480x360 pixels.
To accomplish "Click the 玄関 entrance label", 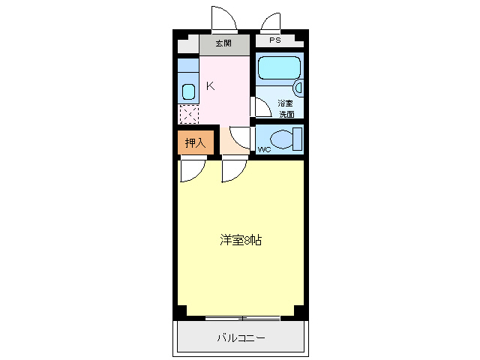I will click(223, 43).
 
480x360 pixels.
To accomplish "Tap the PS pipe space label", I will click(275, 40).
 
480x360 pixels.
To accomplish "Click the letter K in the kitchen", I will click(211, 85).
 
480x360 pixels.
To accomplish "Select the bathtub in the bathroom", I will click(279, 68).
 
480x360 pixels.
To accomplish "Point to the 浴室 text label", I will click(286, 103).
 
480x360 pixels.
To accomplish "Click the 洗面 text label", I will click(286, 114).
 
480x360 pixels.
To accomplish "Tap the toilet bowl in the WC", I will click(281, 139).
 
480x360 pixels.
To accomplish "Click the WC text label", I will click(264, 150).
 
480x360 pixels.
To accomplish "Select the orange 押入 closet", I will click(195, 142).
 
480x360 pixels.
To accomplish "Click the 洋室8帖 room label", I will click(241, 240).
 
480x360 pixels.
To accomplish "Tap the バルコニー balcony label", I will click(241, 338).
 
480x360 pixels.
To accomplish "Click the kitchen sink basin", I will click(188, 92).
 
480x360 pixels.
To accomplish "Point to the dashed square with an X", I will click(188, 114).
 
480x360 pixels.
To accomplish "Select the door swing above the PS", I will click(270, 22).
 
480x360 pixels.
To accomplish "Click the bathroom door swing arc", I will click(260, 106).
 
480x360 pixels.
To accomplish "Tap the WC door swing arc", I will click(241, 137).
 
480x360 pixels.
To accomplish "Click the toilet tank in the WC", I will click(298, 139).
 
